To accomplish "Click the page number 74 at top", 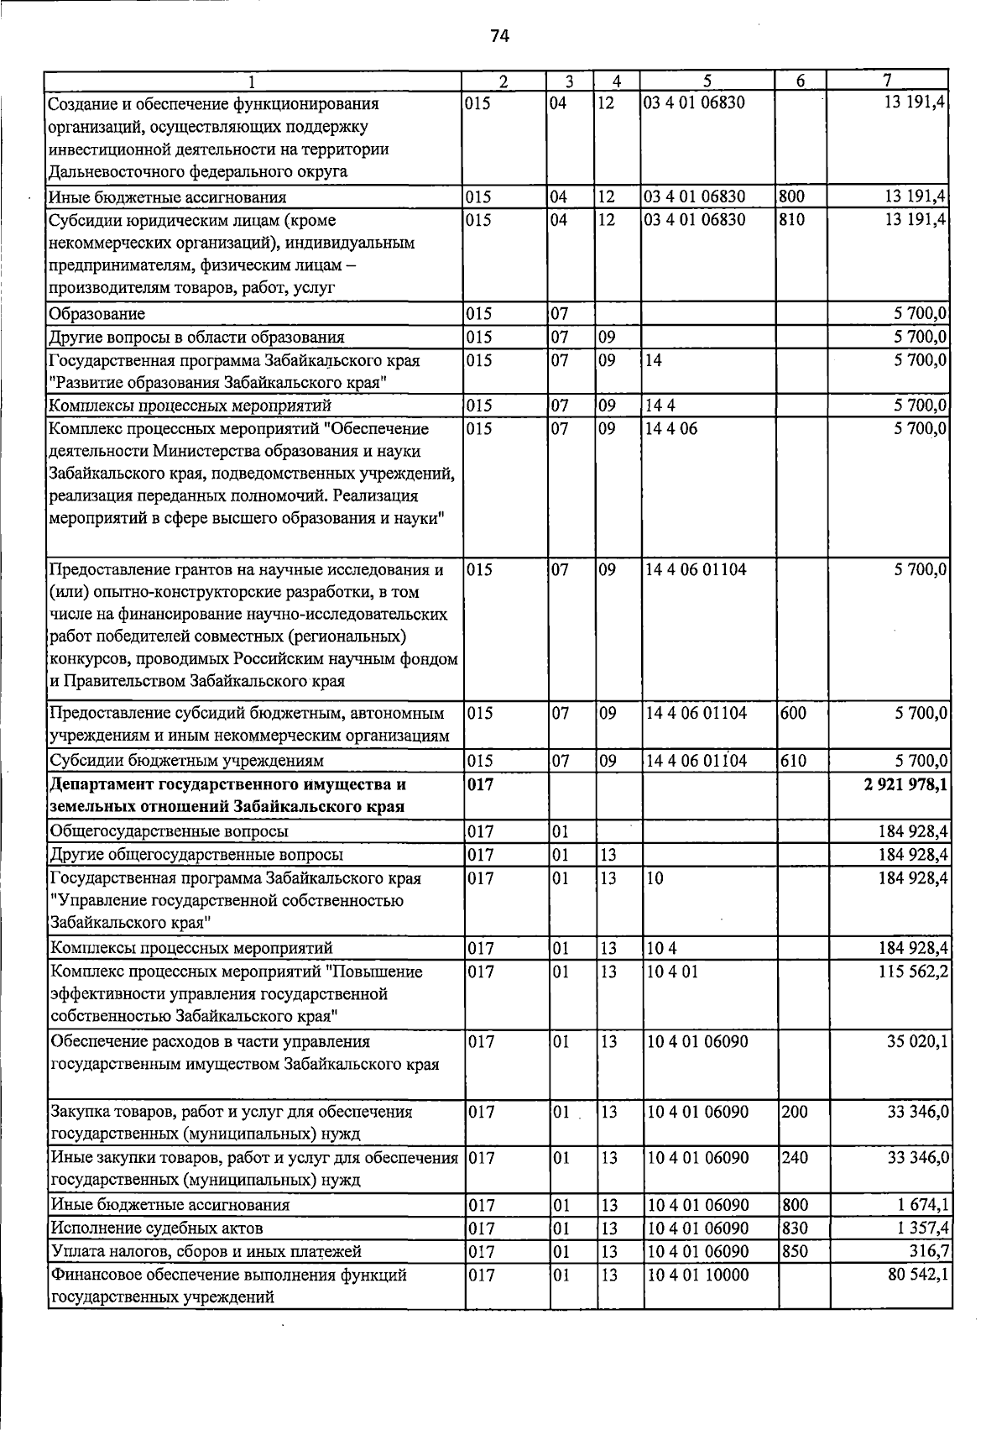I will [x=499, y=35].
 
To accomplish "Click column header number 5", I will [x=707, y=81].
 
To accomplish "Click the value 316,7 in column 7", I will [x=931, y=1251].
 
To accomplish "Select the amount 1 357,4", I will [x=921, y=1228].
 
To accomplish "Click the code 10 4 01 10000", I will [x=697, y=1275].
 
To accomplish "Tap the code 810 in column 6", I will [x=793, y=220].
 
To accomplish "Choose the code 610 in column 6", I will [x=793, y=761].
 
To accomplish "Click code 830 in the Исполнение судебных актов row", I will [x=794, y=1228].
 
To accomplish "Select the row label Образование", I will [x=97, y=314].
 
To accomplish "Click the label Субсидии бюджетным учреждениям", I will [x=186, y=761].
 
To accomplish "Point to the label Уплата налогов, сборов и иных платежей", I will [x=206, y=1251].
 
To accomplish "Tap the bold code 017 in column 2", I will [x=482, y=784].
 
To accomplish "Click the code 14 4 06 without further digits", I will [x=671, y=429].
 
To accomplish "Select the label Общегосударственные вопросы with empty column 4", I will [x=170, y=831].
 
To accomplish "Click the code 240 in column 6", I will [x=794, y=1157].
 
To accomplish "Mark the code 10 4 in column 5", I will [x=661, y=948].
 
